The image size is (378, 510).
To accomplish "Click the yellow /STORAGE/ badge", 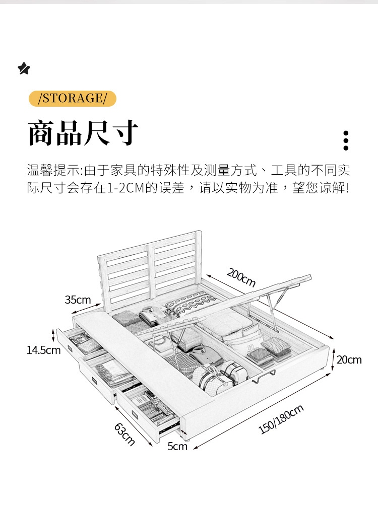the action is click(72, 98).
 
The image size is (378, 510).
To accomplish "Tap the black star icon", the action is click(24, 68).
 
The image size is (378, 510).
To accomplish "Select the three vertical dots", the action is click(346, 140).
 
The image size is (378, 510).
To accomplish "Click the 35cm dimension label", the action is click(78, 300).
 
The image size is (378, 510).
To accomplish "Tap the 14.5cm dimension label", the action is click(43, 350).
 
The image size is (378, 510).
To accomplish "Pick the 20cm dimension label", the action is click(349, 359).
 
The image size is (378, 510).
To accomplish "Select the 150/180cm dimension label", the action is click(281, 419).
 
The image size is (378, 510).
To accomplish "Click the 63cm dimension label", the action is click(124, 434).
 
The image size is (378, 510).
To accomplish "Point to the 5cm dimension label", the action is click(177, 446).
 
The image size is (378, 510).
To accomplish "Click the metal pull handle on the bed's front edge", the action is click(267, 375).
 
